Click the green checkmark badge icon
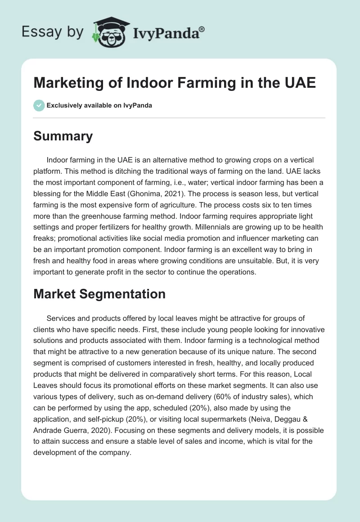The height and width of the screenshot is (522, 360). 39,105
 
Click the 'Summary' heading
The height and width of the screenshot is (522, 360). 63,136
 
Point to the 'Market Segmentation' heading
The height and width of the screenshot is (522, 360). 99,294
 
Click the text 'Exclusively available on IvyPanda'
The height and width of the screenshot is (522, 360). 99,105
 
